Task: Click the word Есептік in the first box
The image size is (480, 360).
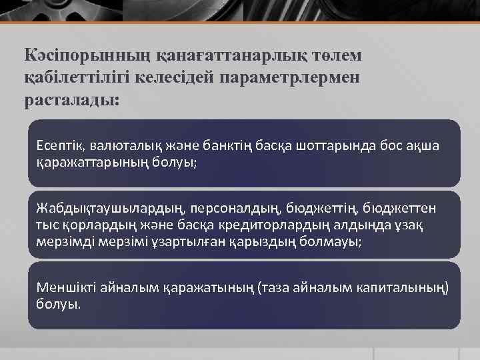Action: pos(59,145)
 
